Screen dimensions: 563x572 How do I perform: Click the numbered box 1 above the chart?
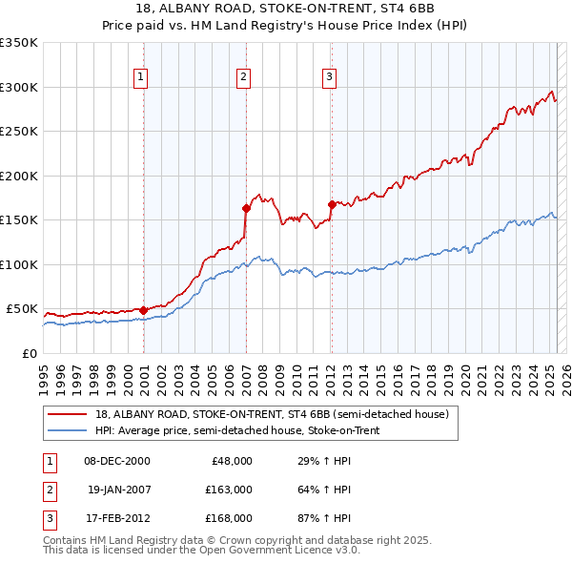[140, 77]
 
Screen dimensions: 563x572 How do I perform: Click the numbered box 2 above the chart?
[243, 77]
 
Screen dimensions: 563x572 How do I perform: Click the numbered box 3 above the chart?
[329, 77]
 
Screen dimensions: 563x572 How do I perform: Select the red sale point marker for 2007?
[246, 208]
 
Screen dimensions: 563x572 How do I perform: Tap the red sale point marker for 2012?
[332, 203]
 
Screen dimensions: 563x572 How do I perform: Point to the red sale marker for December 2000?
[143, 310]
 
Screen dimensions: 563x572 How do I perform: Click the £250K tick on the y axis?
[18, 131]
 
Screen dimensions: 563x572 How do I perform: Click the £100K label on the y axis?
[18, 264]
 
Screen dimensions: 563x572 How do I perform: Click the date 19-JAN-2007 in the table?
[119, 490]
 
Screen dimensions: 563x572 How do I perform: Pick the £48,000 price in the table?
[231, 461]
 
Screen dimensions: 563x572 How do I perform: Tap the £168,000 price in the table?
[228, 518]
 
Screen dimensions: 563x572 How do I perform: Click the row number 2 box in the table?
[48, 490]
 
